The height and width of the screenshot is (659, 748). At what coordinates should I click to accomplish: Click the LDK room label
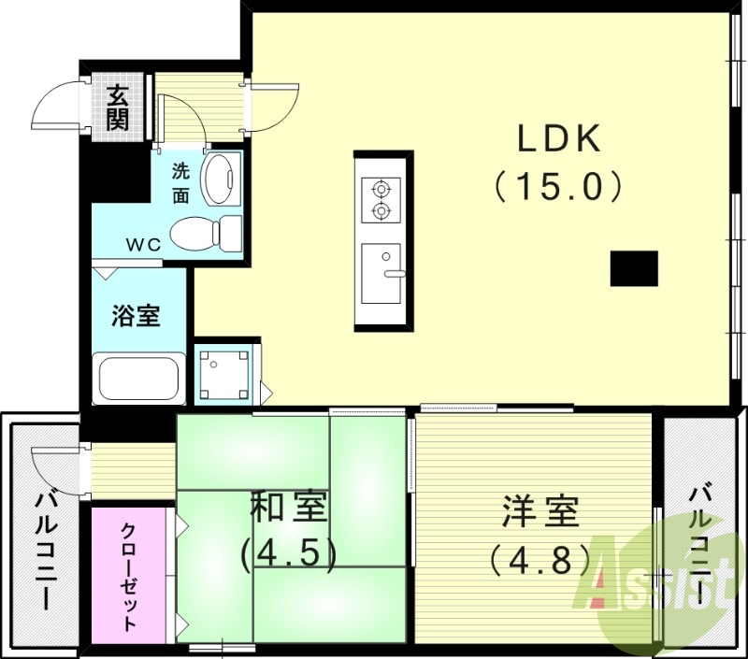pos(558,140)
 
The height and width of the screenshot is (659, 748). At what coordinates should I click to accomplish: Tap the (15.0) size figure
pos(558,187)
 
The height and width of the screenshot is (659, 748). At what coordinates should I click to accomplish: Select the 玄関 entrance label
pos(118,107)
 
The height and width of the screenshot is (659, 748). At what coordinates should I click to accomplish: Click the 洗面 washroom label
pos(180,182)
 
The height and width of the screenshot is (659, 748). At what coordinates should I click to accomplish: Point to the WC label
pos(144,244)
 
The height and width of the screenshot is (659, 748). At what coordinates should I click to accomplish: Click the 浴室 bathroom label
pos(137,315)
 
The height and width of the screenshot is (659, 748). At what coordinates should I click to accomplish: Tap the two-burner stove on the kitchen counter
pos(381,198)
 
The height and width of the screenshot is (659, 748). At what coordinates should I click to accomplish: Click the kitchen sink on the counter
pos(381,273)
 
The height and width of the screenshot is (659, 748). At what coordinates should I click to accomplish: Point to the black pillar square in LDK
pos(634,268)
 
